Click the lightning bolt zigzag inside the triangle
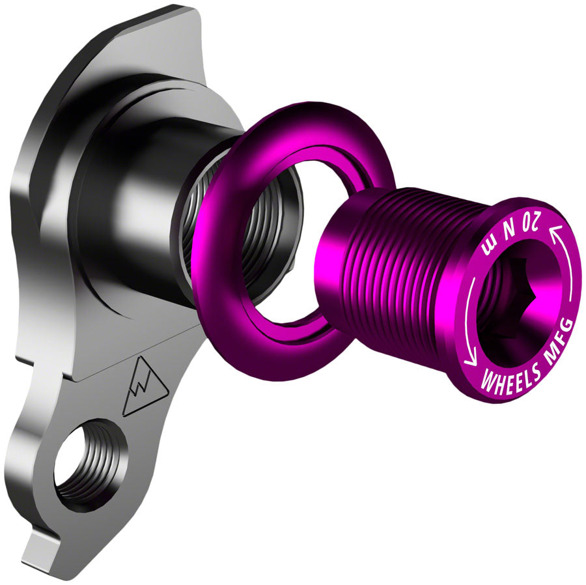tap(143, 390)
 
